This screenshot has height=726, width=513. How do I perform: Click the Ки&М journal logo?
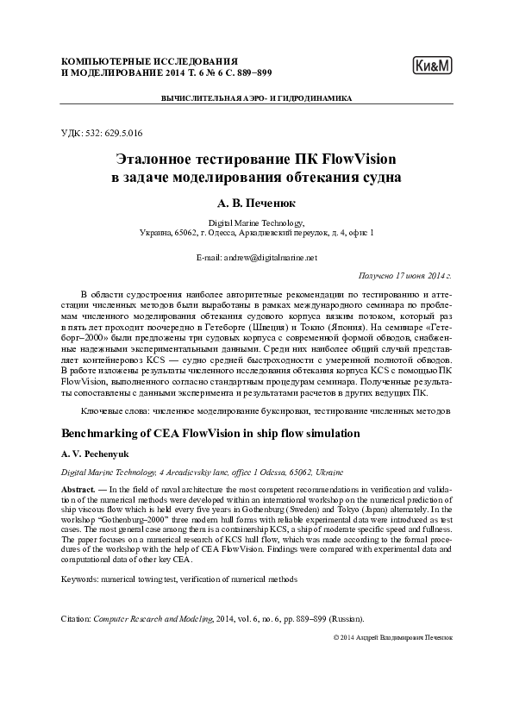tap(434, 66)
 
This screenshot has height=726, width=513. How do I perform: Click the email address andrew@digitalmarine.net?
tap(270, 257)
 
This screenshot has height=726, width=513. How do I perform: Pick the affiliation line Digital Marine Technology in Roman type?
tap(256, 222)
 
